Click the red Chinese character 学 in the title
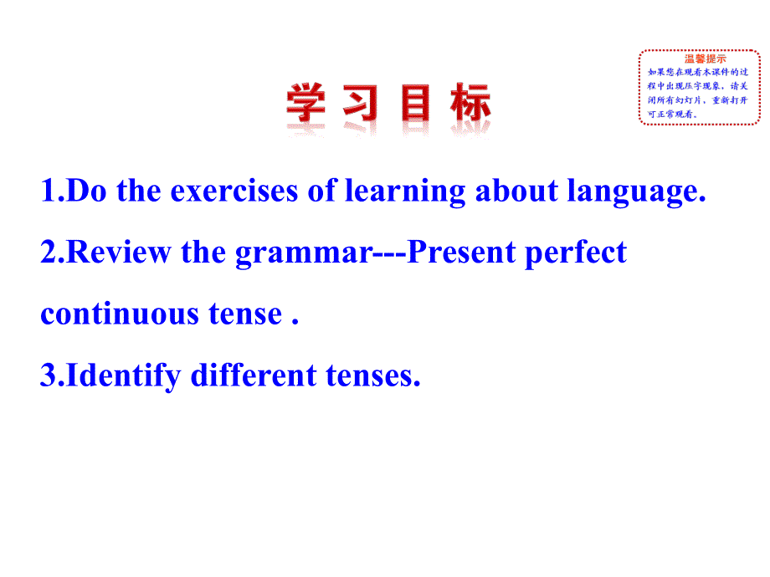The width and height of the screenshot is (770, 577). [306, 102]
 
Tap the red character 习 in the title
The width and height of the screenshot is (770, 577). [361, 102]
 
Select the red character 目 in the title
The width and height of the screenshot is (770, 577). [415, 102]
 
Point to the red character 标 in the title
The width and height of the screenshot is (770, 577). [470, 102]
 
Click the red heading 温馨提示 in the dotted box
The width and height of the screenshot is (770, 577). [706, 59]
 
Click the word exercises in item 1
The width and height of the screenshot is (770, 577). [234, 191]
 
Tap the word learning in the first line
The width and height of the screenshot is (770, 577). [405, 191]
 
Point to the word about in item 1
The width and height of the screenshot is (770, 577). [516, 190]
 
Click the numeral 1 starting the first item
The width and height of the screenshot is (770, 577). [49, 191]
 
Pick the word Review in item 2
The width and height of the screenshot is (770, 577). [118, 253]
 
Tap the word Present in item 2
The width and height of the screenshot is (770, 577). [461, 253]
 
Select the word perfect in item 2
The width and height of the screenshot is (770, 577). [576, 253]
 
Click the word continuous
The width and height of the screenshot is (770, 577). [120, 314]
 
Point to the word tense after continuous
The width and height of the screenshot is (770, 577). [245, 314]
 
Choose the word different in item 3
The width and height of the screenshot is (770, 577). [254, 375]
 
